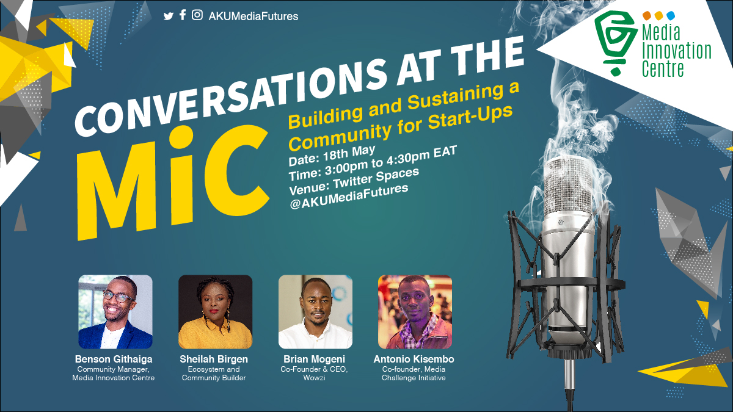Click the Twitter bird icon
pyautogui.click(x=168, y=16)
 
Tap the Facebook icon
pyautogui.click(x=183, y=15)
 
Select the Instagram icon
pyautogui.click(x=197, y=15)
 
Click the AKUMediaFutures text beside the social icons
pyautogui.click(x=253, y=16)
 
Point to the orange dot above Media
pyautogui.click(x=647, y=15)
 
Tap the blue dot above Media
pyautogui.click(x=671, y=15)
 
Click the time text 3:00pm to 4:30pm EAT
pyautogui.click(x=390, y=162)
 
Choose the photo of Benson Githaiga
pyautogui.click(x=115, y=312)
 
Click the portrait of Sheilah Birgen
pyautogui.click(x=215, y=312)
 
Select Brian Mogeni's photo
pyautogui.click(x=315, y=312)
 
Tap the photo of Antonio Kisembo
pyautogui.click(x=415, y=312)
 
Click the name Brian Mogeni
pyautogui.click(x=314, y=359)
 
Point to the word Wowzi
pyautogui.click(x=314, y=378)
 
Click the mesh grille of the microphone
pyautogui.click(x=569, y=186)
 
